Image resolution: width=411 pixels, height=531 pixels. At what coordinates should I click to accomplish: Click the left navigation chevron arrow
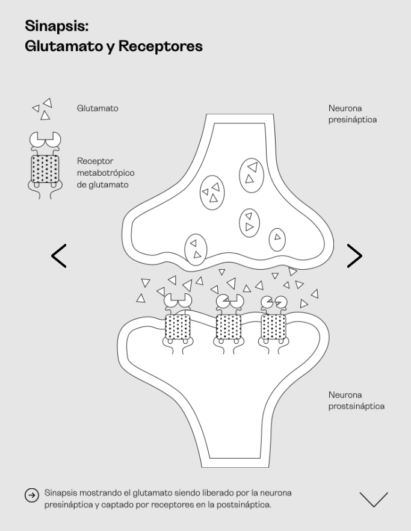point(59,256)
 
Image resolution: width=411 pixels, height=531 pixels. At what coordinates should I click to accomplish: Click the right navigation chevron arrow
point(354,256)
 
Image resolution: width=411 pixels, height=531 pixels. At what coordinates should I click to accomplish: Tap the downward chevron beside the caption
point(374,499)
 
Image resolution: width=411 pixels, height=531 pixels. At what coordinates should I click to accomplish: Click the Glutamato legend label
point(97,109)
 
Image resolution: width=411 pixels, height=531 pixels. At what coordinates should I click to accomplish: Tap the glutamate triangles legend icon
point(43,109)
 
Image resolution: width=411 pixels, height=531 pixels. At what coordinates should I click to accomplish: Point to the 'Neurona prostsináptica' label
point(356,400)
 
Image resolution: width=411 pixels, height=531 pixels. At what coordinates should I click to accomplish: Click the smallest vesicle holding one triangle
point(277,238)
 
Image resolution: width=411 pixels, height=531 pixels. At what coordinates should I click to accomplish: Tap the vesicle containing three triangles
point(211,193)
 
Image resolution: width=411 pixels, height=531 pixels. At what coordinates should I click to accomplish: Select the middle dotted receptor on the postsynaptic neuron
point(228,328)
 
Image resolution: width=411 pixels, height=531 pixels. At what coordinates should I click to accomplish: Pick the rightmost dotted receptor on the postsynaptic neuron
point(274,328)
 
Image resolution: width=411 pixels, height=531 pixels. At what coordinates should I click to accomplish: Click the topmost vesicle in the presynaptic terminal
point(252,172)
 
